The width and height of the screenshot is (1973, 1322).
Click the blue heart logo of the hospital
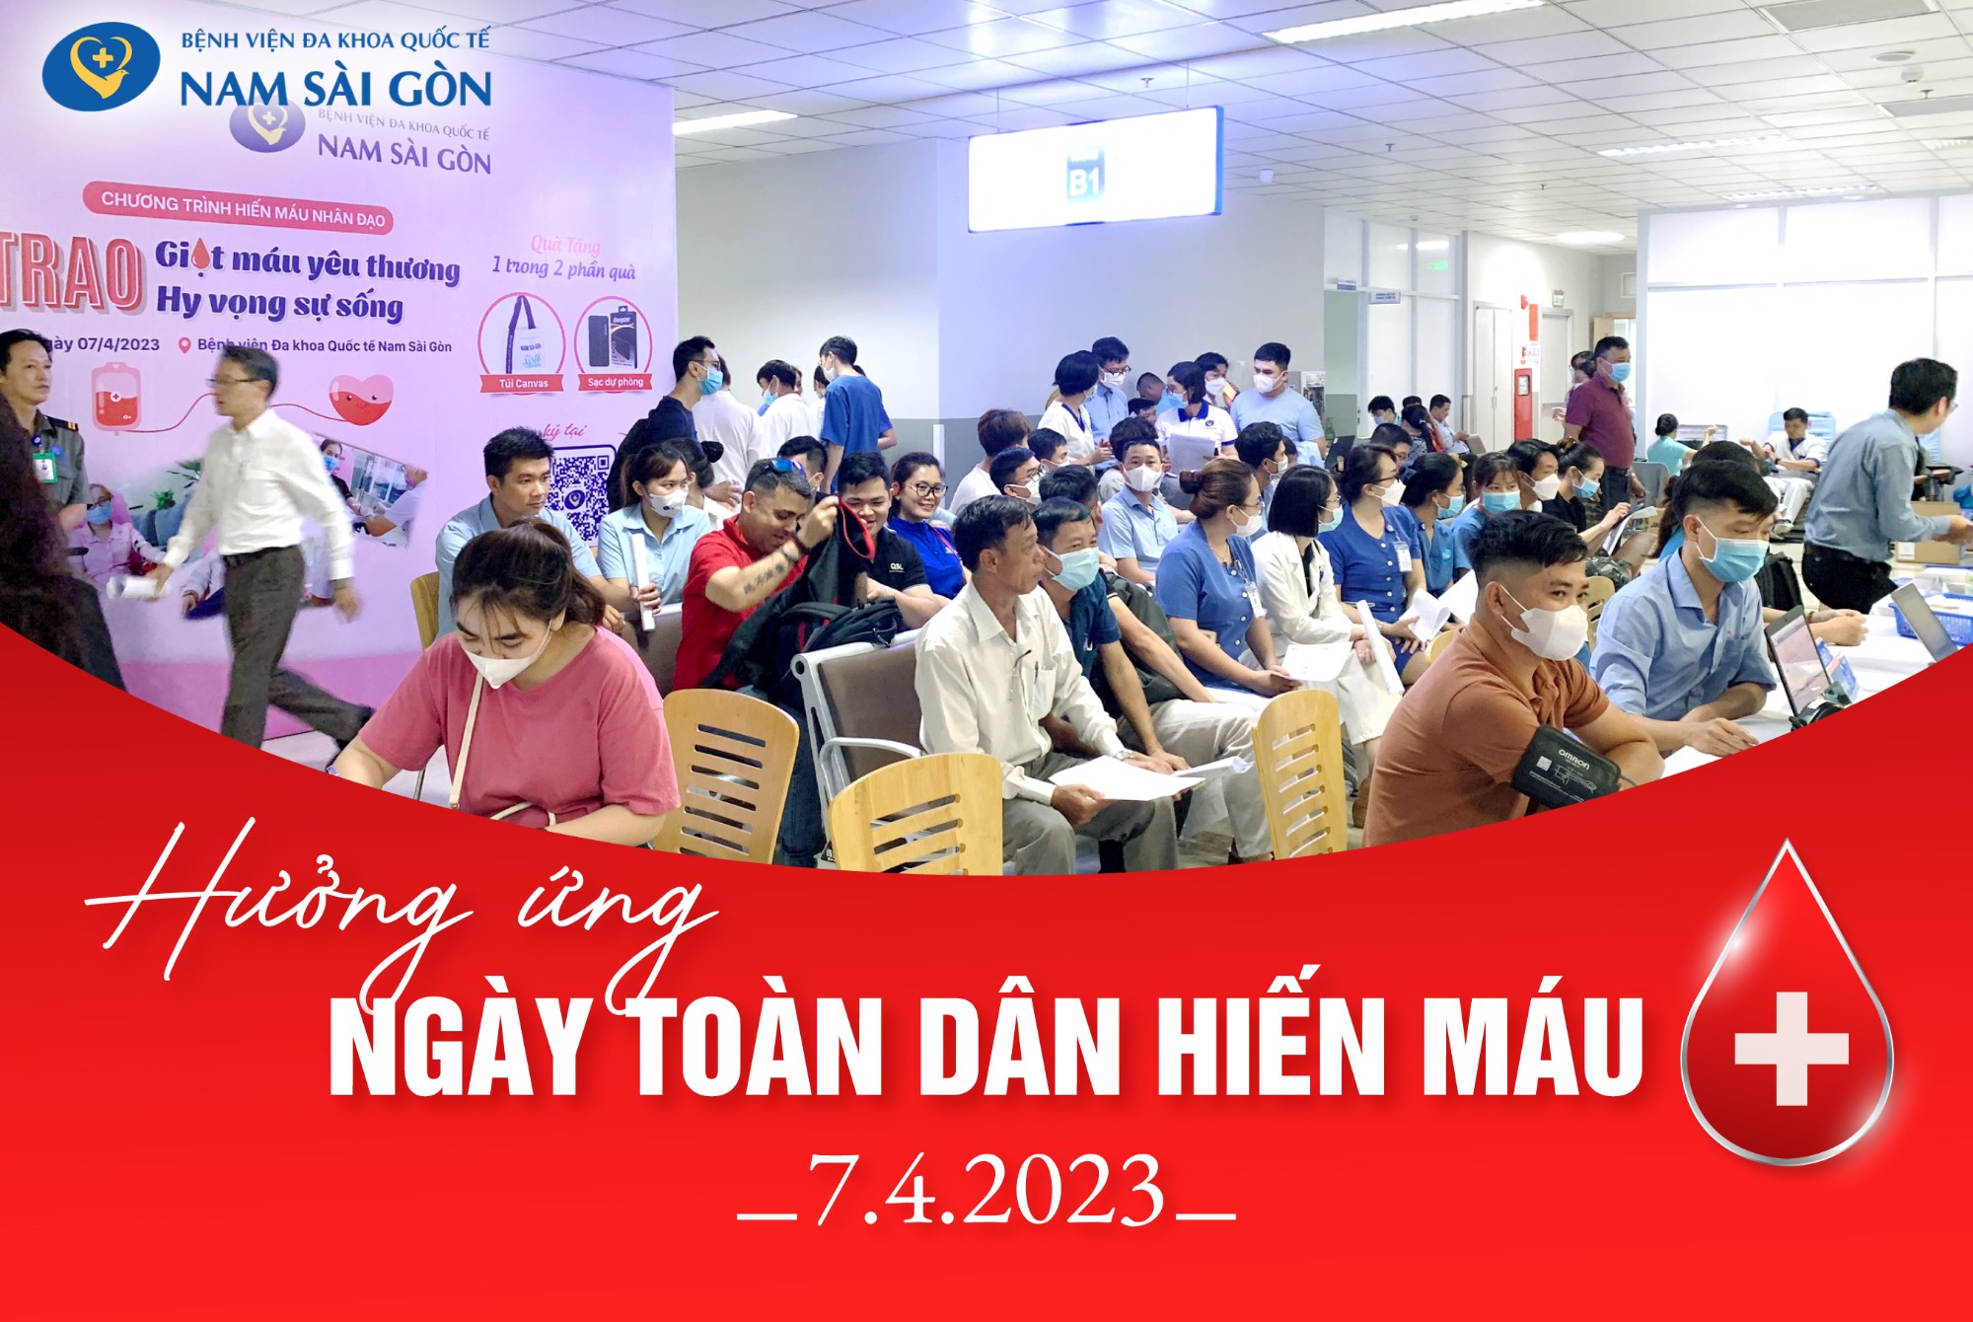click(x=101, y=65)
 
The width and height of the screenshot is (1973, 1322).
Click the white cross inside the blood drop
click(x=1790, y=1048)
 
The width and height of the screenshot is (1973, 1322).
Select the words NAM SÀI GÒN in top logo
click(x=335, y=89)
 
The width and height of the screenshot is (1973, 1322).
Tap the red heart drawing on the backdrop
click(x=360, y=395)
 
